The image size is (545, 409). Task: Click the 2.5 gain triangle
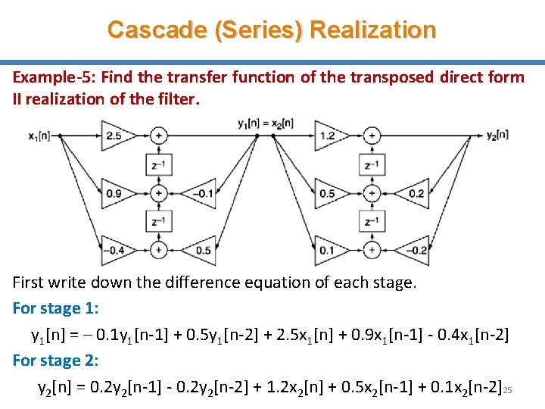[115, 136]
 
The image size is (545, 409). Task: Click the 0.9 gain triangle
[115, 193]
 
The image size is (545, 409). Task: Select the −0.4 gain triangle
[115, 250]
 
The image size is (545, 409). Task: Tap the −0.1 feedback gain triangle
[201, 193]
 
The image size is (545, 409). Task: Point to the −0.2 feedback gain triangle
[415, 250]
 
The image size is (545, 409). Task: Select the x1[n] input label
[39, 136]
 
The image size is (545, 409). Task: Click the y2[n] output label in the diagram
[497, 136]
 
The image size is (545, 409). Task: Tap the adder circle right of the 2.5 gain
[158, 136]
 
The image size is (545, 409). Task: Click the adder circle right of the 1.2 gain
[372, 136]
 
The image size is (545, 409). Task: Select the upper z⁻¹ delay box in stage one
[158, 164]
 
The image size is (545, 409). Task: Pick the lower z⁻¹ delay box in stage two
[372, 221]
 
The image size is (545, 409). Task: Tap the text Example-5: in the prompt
[53, 77]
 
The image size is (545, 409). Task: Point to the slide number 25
[508, 390]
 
